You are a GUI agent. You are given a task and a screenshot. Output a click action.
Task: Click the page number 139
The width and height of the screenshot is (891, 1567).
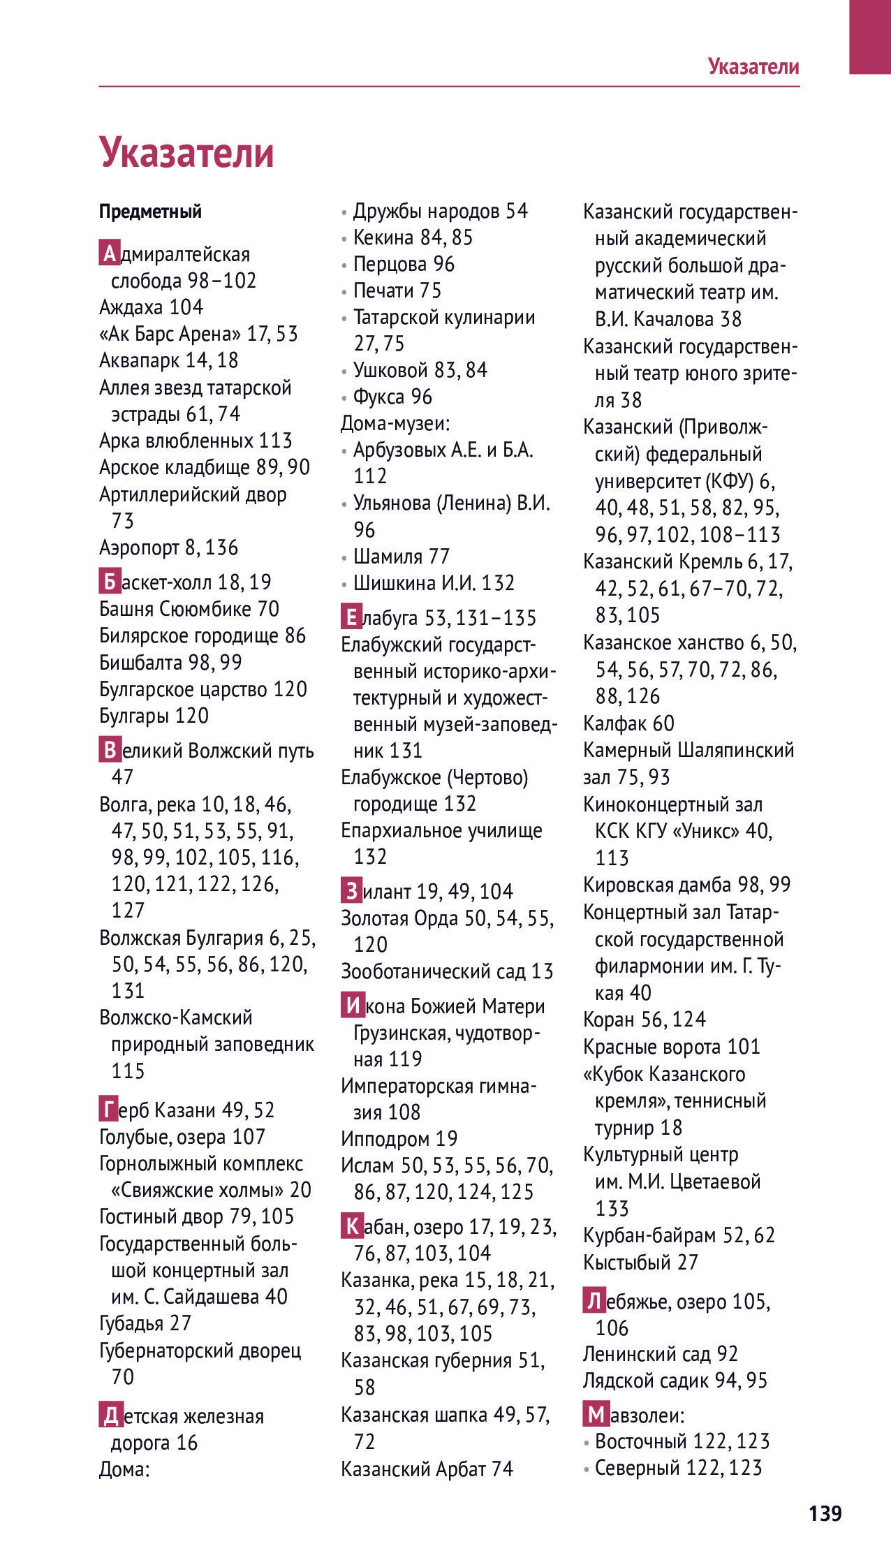tap(825, 1513)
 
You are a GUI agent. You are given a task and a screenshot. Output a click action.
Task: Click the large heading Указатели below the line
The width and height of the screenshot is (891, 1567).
tap(186, 152)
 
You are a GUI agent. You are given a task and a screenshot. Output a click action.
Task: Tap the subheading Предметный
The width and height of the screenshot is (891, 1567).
tap(150, 212)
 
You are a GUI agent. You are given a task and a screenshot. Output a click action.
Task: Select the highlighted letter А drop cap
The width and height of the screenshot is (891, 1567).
tap(108, 254)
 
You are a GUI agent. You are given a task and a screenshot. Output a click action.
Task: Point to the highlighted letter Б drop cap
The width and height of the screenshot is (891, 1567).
tap(108, 582)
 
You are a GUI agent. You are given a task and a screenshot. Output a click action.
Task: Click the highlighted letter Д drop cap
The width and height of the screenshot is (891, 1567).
tap(109, 1416)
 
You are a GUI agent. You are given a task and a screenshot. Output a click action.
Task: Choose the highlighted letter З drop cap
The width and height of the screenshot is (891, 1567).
tap(351, 891)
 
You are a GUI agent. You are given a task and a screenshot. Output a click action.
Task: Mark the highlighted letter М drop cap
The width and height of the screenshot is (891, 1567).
tap(594, 1415)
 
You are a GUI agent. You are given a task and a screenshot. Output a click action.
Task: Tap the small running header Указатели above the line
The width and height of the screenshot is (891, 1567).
tap(753, 66)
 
